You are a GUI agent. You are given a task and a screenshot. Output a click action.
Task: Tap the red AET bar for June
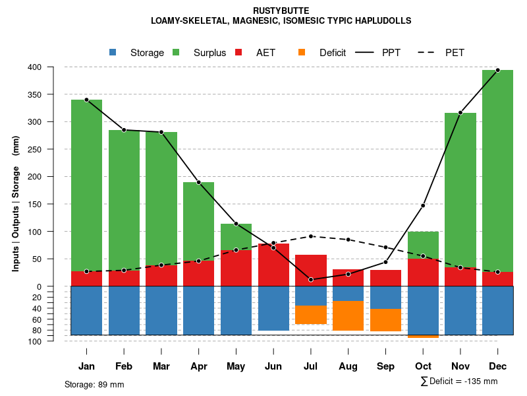pos(273,265)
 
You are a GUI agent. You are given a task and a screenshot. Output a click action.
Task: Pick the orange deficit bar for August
pos(348,315)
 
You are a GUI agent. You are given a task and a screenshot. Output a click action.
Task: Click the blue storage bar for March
pos(161,310)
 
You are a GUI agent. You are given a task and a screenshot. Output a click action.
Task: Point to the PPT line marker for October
pos(423,206)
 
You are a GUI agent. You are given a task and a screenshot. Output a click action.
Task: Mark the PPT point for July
pos(311,280)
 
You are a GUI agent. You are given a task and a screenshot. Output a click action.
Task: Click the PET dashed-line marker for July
pos(311,236)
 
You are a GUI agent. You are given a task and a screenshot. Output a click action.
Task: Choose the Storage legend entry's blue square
pos(113,52)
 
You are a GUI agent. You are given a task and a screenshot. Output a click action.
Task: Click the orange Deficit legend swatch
pos(302,52)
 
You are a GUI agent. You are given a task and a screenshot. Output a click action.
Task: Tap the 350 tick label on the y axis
pos(53,94)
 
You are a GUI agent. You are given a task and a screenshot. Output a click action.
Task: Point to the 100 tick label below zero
pos(53,341)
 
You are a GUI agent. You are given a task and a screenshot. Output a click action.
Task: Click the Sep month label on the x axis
pos(385,366)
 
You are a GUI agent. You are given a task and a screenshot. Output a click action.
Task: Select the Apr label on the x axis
pos(199,366)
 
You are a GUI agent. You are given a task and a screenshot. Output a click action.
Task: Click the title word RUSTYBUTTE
pos(281,11)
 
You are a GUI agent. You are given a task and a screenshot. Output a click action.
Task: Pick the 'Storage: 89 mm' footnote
pos(94,384)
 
